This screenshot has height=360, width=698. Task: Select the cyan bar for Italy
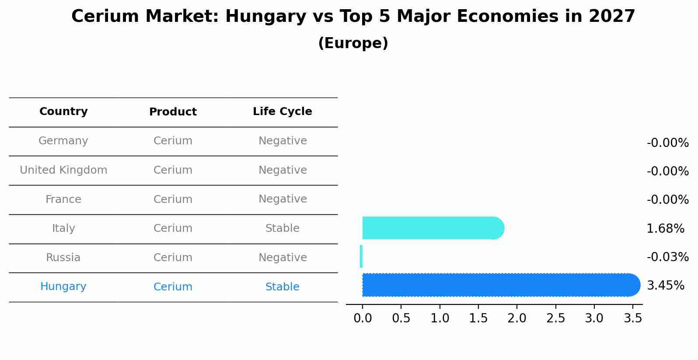433,228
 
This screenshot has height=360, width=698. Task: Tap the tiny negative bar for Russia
361,256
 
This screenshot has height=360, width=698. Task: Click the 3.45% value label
665,286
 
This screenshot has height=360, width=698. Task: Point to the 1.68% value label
665,228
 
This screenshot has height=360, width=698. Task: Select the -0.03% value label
667,257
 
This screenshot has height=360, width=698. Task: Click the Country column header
63,112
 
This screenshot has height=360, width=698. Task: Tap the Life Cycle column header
282,112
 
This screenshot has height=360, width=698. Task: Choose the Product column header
173,112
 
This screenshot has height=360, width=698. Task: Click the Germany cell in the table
63,141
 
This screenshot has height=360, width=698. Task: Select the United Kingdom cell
63,170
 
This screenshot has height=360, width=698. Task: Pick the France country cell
63,199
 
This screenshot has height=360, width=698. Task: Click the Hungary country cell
63,287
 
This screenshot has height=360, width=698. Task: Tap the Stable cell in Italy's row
282,228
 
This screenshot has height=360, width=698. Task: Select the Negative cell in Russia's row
282,258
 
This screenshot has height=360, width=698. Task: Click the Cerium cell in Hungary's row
173,287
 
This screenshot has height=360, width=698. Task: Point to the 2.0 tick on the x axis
517,318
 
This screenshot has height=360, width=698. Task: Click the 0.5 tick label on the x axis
401,318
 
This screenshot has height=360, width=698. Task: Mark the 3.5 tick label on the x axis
632,318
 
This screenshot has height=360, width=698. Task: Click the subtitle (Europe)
353,43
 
